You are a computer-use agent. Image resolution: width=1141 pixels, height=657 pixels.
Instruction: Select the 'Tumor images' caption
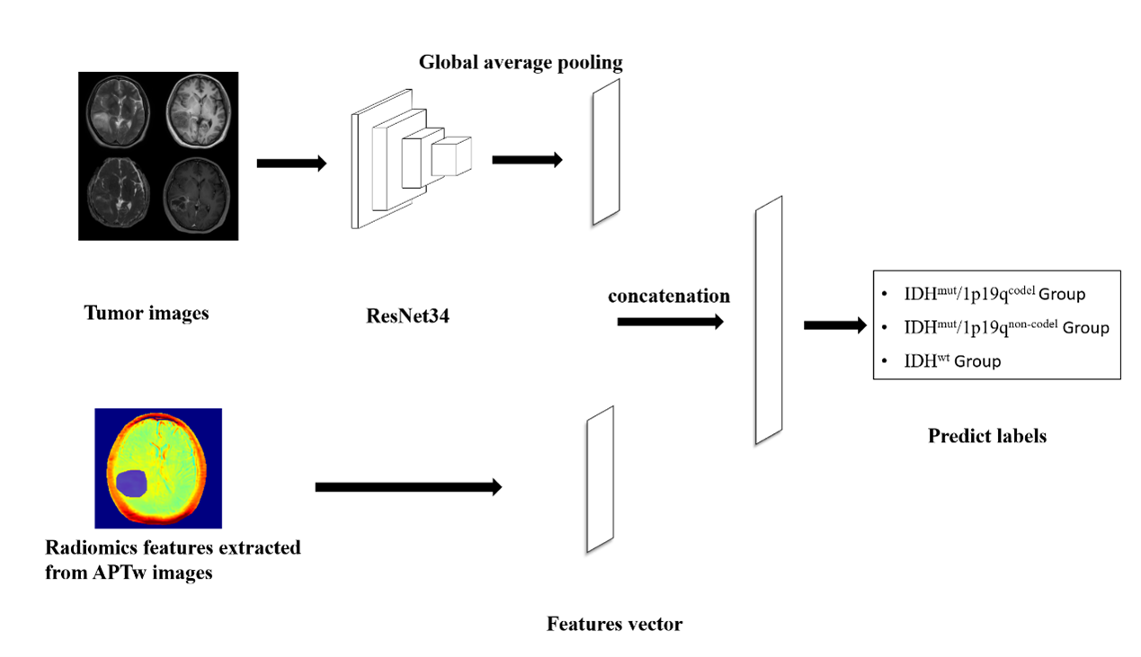146,314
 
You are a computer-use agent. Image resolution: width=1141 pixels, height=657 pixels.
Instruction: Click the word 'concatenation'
669,296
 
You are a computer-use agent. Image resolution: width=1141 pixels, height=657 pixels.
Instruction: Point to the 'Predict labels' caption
987,437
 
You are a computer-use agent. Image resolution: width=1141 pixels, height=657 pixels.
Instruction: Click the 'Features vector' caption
614,623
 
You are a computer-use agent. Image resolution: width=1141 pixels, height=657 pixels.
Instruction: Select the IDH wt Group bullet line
953,361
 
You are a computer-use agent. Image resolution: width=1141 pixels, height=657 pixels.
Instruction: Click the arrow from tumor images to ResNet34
291,163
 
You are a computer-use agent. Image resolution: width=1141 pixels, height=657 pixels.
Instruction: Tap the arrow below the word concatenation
670,321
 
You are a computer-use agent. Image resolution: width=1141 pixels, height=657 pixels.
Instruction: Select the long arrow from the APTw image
408,486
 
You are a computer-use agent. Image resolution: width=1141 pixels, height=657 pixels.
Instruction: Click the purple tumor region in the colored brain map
132,484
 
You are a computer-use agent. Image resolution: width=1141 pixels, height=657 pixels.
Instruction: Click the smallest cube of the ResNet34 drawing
451,156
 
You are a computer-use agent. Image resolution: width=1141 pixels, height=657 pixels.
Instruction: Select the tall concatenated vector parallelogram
769,320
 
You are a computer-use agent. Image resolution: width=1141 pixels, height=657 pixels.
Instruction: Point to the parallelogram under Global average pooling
606,152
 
